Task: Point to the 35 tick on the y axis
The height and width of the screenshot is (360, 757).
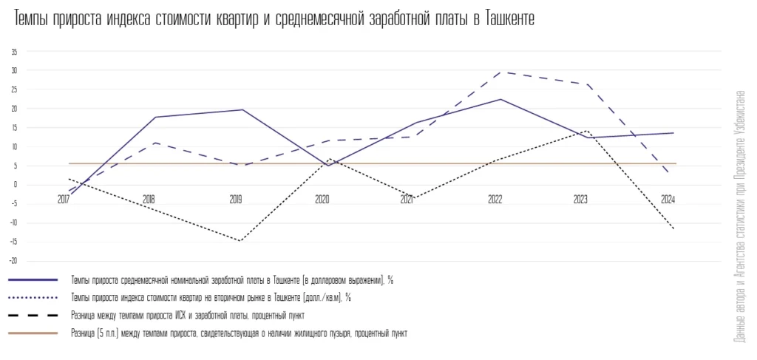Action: pos(13,52)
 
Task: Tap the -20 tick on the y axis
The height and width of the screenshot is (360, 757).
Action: pos(13,261)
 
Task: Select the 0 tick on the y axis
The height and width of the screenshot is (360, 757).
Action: pos(15,185)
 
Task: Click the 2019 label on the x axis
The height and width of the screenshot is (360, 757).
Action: pos(236,200)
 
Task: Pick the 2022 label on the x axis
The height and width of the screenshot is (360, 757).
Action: pos(495,200)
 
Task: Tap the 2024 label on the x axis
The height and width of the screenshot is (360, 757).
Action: pos(668,200)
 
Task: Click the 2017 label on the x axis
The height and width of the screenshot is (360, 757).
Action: pos(63,200)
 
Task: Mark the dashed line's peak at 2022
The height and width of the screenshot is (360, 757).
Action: pos(501,72)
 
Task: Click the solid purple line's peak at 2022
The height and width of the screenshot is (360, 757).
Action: pos(501,99)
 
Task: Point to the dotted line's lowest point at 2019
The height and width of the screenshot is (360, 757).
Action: pos(241,241)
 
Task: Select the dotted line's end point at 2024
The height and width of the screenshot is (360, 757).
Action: pos(673,229)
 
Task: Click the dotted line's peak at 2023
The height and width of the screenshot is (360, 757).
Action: pos(587,131)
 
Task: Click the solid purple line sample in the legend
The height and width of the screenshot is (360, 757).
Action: pos(33,280)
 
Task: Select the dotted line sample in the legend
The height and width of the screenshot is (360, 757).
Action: pos(33,298)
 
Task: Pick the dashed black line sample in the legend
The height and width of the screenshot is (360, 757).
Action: pos(33,316)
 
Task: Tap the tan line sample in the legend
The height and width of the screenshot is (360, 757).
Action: pos(33,333)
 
